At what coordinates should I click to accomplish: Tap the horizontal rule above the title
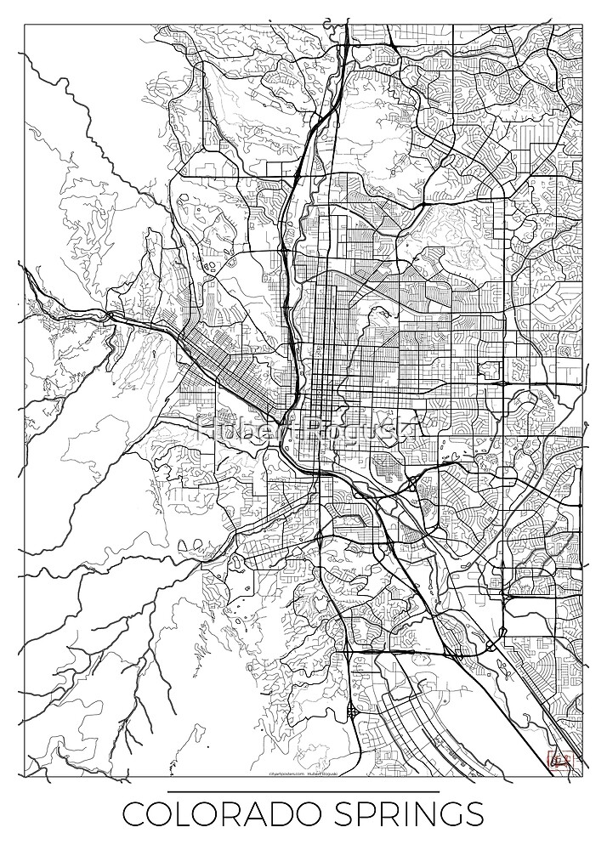click(303, 791)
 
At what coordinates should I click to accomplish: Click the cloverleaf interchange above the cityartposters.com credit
click(351, 714)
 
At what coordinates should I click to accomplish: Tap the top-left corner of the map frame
click(26, 25)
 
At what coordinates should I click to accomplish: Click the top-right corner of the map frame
click(582, 25)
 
